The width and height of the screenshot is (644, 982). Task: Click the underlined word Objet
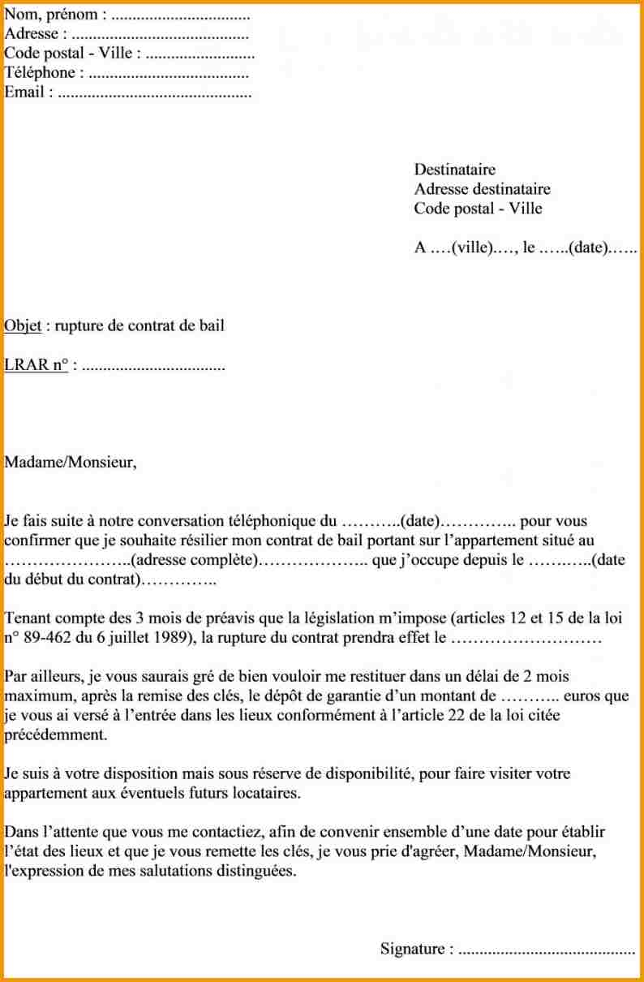click(23, 326)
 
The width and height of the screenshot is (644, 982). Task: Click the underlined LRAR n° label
click(36, 365)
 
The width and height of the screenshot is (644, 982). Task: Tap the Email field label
click(24, 93)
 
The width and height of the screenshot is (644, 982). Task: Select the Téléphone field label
click(41, 73)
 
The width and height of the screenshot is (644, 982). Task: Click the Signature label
click(412, 949)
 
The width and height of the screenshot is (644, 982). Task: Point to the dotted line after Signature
click(546, 950)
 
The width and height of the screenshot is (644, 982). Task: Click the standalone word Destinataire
click(454, 170)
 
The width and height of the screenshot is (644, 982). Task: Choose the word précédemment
click(54, 735)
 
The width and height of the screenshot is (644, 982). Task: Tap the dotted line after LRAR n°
click(154, 366)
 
